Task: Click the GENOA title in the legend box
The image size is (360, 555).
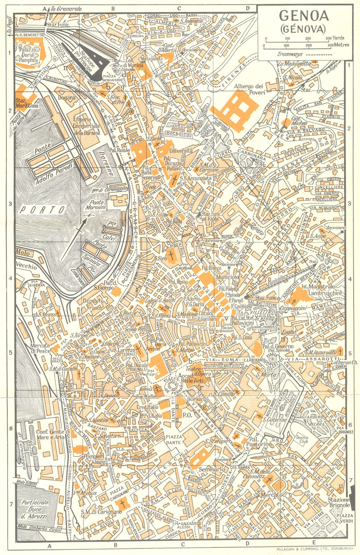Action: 302,16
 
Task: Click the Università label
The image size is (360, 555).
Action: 180,151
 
